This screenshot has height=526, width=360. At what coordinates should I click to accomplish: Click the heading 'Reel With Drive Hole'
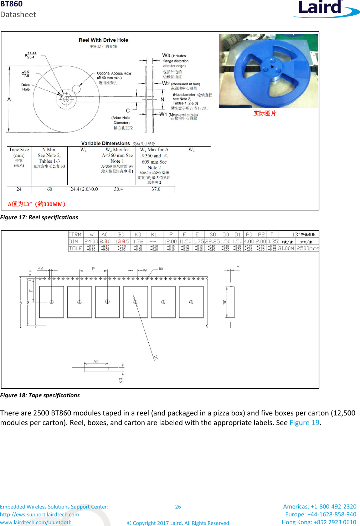[103, 40]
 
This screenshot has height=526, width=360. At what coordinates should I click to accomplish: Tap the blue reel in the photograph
[268, 71]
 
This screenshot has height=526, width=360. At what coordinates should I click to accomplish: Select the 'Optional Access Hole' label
[114, 73]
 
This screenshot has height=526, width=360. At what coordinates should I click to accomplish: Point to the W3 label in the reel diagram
[166, 55]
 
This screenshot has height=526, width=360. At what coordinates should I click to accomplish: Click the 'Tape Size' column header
[19, 150]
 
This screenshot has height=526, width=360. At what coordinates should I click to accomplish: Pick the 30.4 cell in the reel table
[118, 189]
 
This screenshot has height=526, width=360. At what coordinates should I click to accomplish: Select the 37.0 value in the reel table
[156, 189]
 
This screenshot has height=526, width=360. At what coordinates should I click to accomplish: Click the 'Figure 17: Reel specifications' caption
[39, 217]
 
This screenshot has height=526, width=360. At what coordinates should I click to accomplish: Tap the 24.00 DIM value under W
[91, 241]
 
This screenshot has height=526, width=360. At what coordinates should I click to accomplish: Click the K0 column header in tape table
[138, 235]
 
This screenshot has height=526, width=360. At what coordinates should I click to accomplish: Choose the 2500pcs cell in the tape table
[307, 248]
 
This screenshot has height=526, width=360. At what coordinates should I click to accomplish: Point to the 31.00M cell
[286, 248]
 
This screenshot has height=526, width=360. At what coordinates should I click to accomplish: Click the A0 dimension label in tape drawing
[96, 362]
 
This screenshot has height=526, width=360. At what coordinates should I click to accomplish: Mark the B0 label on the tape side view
[225, 302]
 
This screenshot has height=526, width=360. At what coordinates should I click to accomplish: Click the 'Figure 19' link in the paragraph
[304, 423]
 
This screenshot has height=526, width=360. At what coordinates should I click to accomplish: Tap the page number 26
[178, 506]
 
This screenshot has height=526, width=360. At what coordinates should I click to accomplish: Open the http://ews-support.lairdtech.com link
[40, 514]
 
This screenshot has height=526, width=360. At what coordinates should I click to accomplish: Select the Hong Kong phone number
[319, 522]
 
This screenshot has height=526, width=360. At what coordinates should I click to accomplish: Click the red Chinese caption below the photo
[264, 113]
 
